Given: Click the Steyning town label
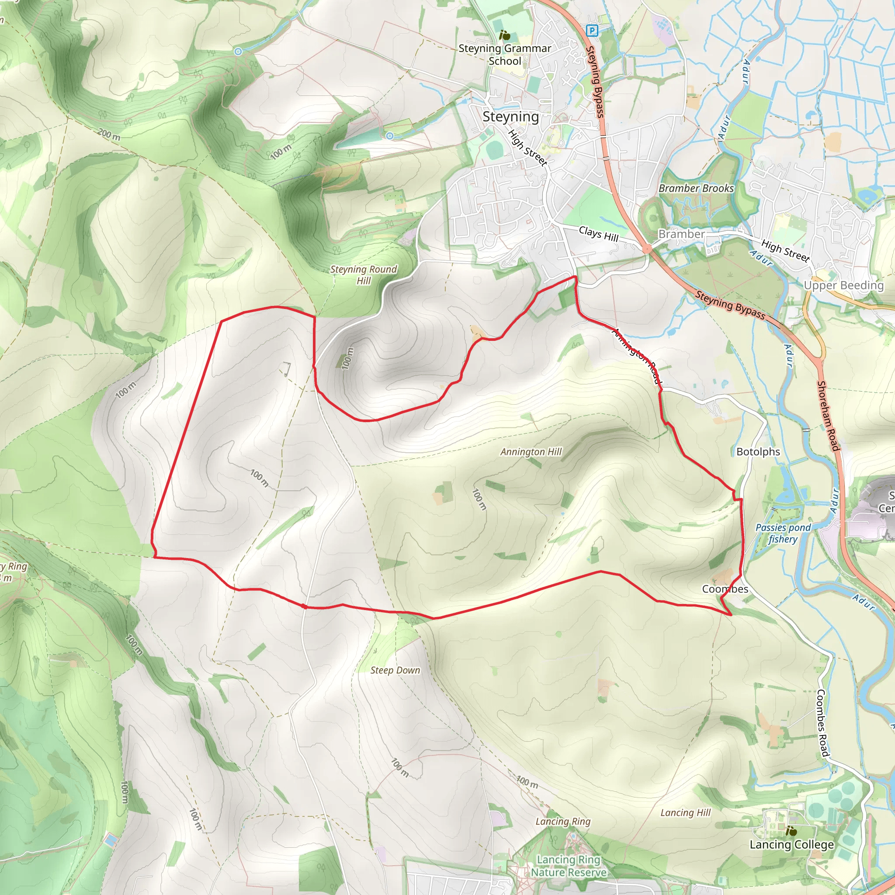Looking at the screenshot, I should [510, 117].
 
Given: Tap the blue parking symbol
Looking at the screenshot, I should [592, 31].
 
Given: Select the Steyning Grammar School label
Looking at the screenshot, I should [504, 55].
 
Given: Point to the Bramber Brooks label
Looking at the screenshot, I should [696, 188].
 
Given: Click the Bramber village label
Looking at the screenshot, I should [681, 234].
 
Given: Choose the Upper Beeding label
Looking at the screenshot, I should [843, 285].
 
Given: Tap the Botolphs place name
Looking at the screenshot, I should [758, 452].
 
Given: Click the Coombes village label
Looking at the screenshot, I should [725, 589].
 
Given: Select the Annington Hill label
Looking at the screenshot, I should [531, 452].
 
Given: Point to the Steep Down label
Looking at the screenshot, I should [395, 670].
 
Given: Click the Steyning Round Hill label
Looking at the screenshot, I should [364, 275].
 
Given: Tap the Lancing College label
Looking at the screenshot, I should [792, 844].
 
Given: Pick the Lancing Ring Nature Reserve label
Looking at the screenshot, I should [569, 866].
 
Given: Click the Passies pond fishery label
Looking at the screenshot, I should [783, 533].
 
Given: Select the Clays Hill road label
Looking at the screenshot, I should [599, 234].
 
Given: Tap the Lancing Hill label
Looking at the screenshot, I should [685, 812].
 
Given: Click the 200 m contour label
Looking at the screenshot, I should [109, 134].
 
